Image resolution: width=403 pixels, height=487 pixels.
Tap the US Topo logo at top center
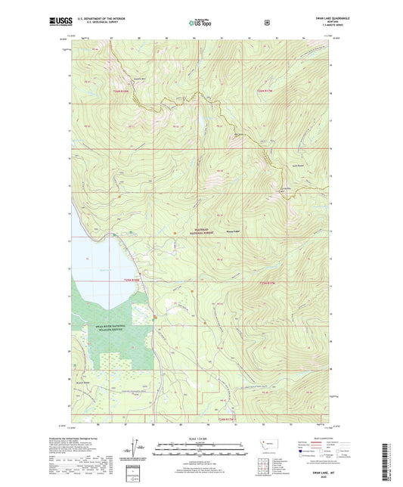point(200,23)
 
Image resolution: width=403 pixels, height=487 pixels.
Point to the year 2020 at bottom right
point(311,478)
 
